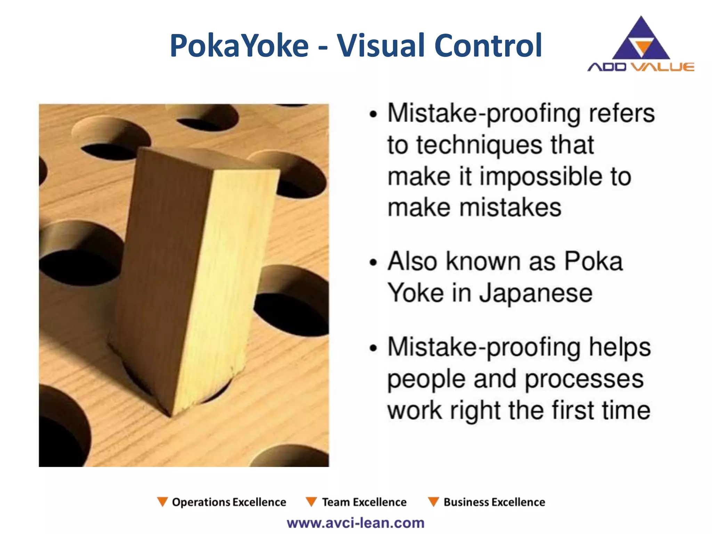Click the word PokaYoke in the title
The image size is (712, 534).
239,46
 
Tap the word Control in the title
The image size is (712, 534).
488,46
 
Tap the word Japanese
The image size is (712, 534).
536,293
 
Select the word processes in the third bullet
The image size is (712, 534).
584,379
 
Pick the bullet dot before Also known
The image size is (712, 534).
373,262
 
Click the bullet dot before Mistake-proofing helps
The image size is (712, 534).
373,348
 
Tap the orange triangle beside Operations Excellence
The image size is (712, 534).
162,502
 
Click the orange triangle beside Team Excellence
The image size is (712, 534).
311,502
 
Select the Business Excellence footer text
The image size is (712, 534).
494,502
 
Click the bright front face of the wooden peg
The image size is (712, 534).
222,278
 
